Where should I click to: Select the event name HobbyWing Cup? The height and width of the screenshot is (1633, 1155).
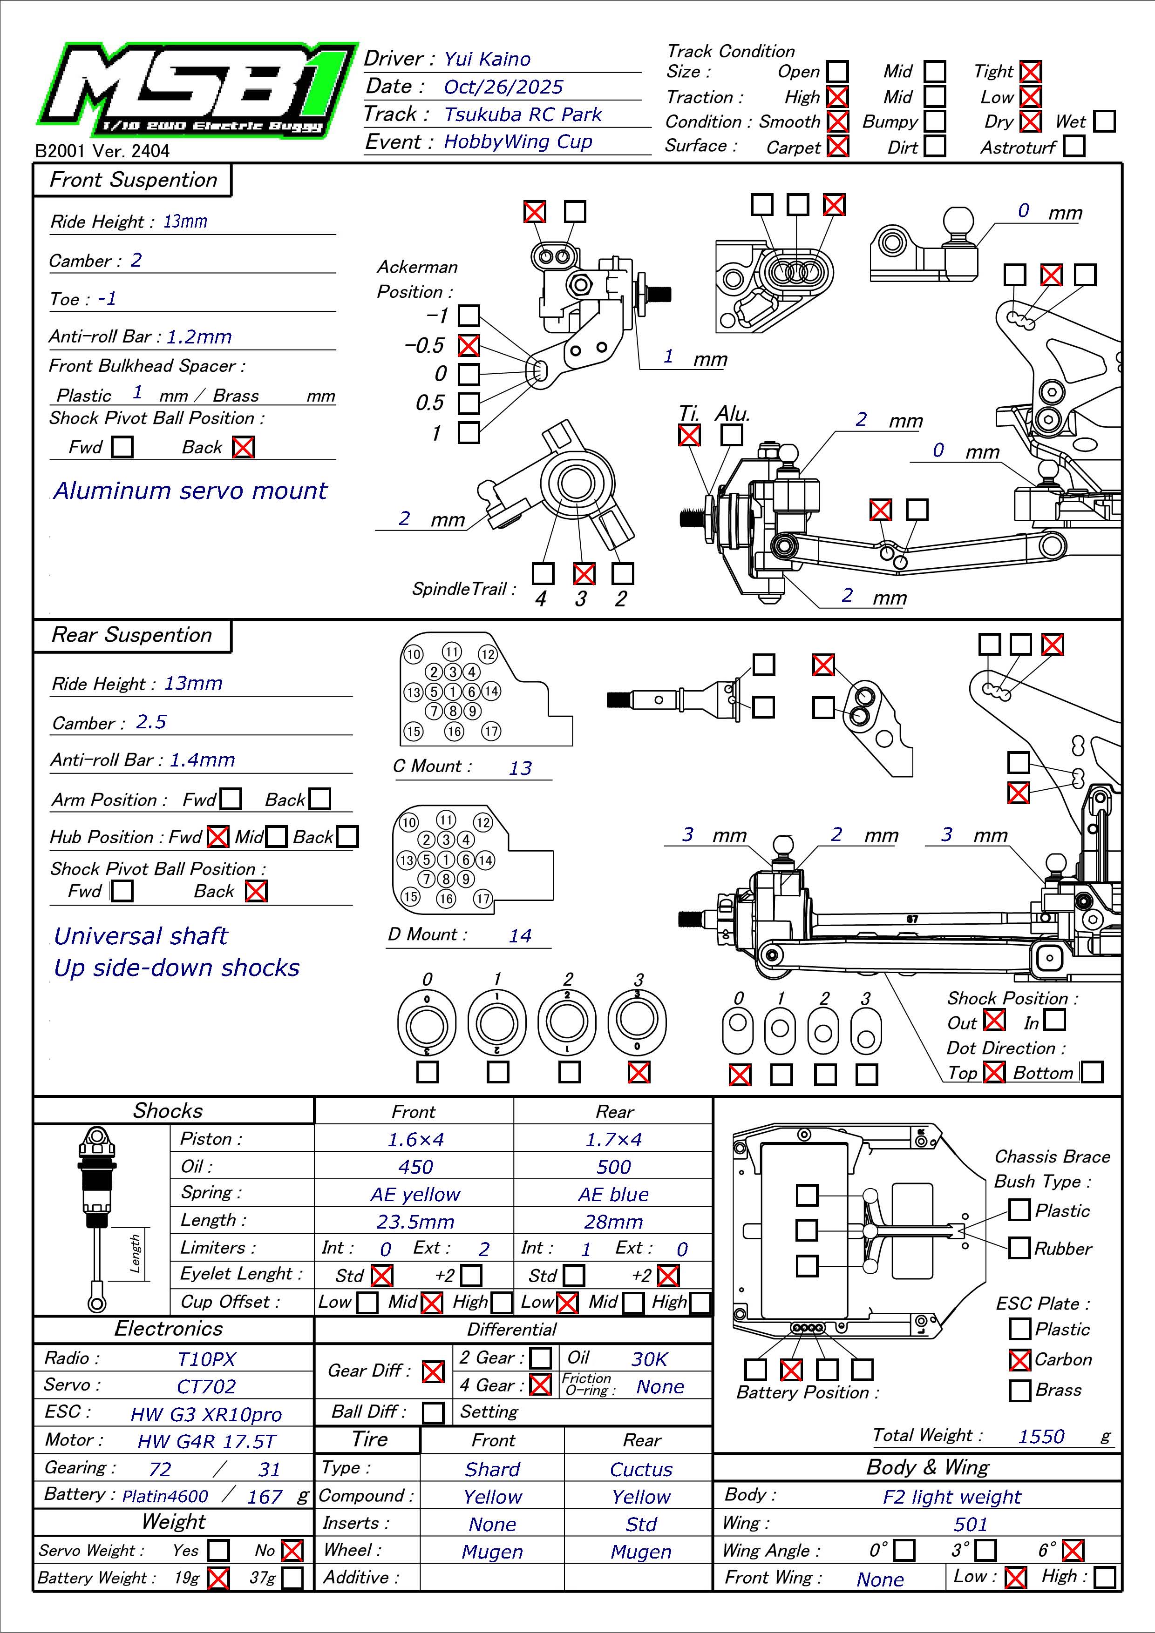[x=517, y=141]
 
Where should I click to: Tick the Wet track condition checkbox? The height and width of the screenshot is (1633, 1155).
[x=1104, y=121]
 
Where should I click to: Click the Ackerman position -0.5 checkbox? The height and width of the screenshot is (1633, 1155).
[x=468, y=346]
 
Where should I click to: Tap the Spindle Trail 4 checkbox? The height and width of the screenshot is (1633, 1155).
[x=543, y=573]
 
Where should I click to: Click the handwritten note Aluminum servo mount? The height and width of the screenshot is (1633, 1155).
[x=190, y=491]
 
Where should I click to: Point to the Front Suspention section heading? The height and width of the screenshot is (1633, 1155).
[x=133, y=180]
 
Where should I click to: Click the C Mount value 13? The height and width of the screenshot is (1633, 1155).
[x=520, y=768]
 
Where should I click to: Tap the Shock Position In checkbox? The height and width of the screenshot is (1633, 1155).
[x=1055, y=1020]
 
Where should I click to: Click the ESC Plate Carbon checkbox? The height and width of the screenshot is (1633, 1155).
[x=1020, y=1360]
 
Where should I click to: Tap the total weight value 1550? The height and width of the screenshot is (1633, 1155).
[x=1041, y=1437]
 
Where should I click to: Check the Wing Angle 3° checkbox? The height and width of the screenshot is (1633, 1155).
[x=985, y=1550]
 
